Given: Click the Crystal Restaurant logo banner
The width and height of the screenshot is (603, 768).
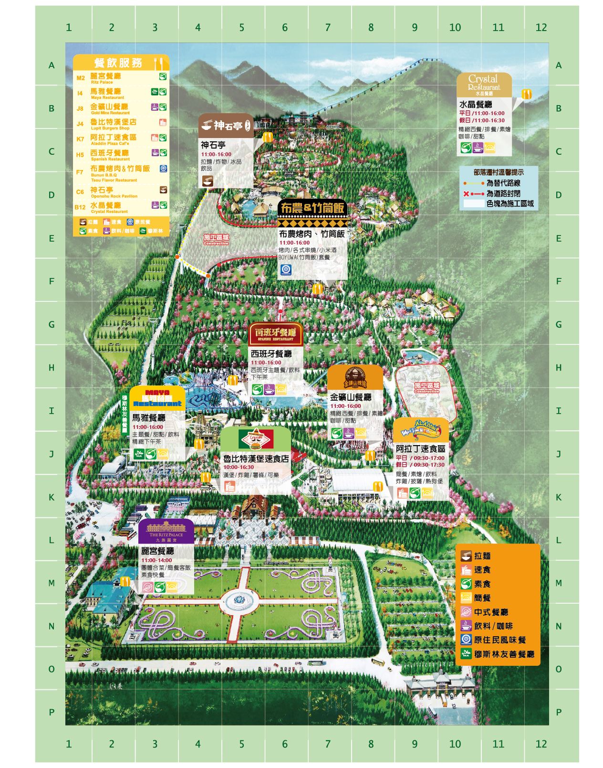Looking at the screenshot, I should [x=484, y=85].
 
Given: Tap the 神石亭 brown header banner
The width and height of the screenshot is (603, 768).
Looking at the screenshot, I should [x=226, y=126].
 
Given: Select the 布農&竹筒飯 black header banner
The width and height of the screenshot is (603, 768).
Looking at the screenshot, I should [x=312, y=209].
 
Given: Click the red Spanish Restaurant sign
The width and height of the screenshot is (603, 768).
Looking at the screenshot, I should [x=275, y=334].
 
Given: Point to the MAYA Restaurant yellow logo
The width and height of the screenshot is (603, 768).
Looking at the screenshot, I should [x=157, y=398].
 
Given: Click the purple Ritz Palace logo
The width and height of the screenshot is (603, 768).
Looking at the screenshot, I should [x=166, y=531].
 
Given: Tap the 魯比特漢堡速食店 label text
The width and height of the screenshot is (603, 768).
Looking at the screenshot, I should [x=256, y=459].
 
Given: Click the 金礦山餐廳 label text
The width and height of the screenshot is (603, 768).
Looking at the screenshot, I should [x=351, y=397].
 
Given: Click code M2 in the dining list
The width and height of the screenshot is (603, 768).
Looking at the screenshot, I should [x=81, y=78].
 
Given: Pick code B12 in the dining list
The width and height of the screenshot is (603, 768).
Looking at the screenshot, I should [x=80, y=207].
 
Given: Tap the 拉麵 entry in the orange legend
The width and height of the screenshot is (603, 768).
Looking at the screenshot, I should [x=482, y=556].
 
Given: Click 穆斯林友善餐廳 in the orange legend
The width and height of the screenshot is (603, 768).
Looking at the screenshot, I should [x=504, y=654].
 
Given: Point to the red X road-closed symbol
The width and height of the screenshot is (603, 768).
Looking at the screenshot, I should [x=466, y=194].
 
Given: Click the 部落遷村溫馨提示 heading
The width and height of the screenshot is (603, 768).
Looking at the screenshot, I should [x=498, y=172].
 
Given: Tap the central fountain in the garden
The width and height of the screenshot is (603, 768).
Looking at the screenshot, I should [x=240, y=600].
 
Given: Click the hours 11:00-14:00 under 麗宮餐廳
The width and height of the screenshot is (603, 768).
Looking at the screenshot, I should [x=156, y=560].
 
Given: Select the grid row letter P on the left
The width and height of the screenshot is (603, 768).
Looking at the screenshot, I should [x=52, y=712].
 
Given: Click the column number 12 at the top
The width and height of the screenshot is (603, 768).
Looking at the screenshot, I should [x=541, y=27].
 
